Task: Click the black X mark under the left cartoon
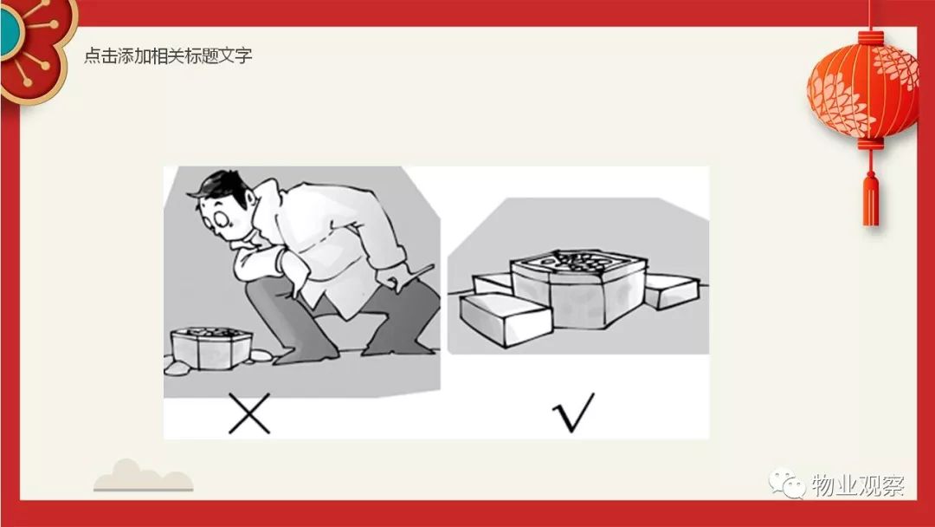tap(249, 413)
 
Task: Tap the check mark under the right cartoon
tap(573, 413)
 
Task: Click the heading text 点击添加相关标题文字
tap(168, 55)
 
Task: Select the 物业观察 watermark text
tap(857, 485)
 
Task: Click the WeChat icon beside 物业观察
tap(786, 484)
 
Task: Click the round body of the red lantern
tap(864, 89)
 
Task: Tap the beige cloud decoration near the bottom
tap(143, 476)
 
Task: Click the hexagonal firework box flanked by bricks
tap(577, 288)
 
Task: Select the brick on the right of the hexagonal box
tap(672, 290)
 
